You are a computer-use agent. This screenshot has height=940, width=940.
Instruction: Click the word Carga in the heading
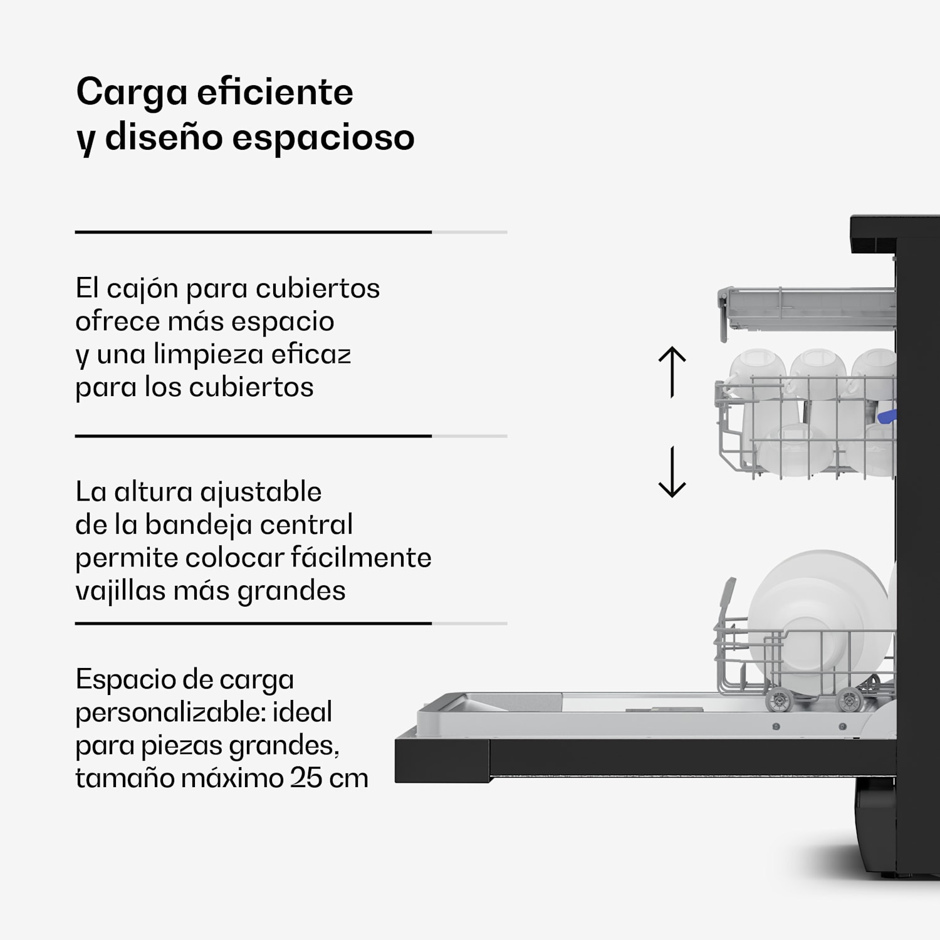pyautogui.click(x=132, y=93)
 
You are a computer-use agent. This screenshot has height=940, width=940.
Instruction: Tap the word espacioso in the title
pyautogui.click(x=323, y=137)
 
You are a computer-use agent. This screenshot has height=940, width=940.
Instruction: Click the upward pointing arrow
pyautogui.click(x=672, y=372)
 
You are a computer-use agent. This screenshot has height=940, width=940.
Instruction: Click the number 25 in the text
pyautogui.click(x=307, y=778)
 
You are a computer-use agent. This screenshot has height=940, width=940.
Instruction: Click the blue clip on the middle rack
pyautogui.click(x=887, y=416)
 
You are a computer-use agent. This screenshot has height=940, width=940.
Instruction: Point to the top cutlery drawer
pyautogui.click(x=808, y=310)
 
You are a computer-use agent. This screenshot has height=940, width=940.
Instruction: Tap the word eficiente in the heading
pyautogui.click(x=275, y=93)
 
